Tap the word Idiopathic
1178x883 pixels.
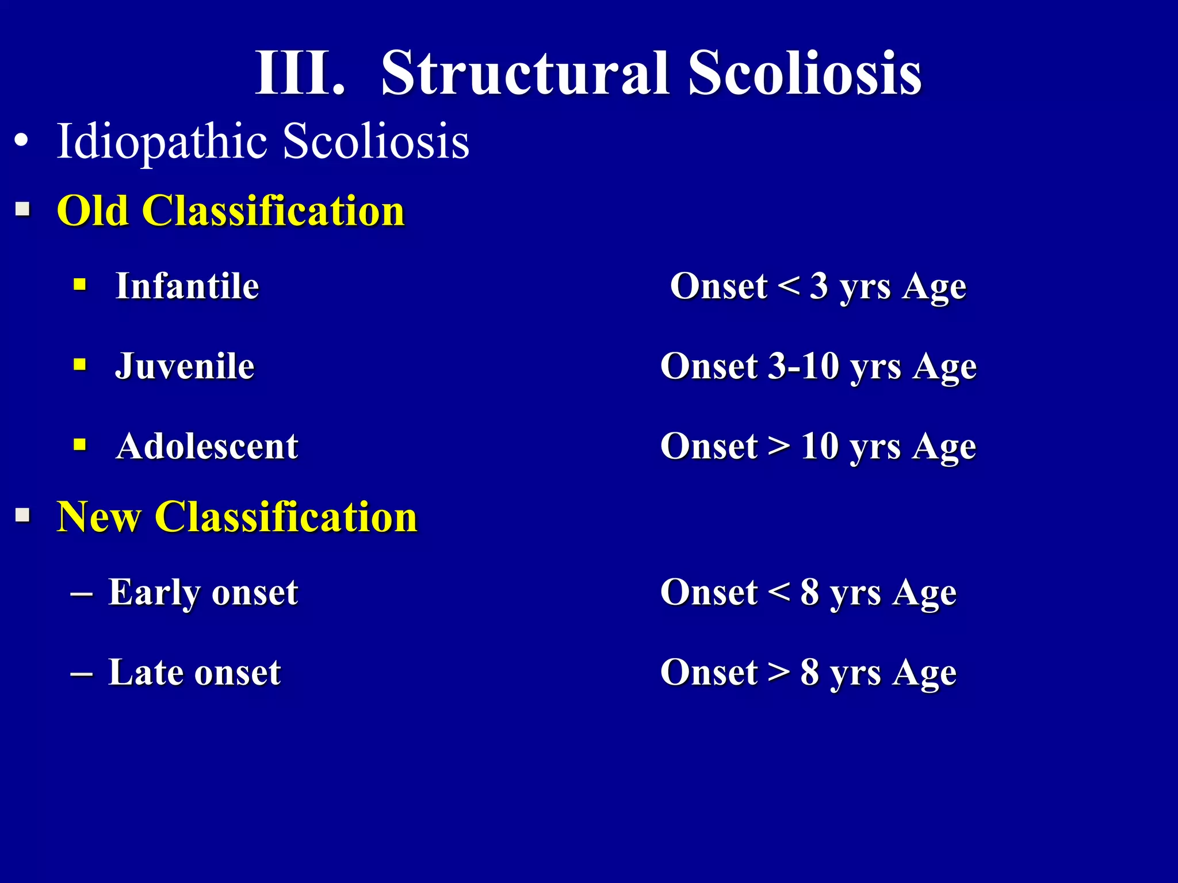pyautogui.click(x=161, y=142)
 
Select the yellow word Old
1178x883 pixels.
pyautogui.click(x=92, y=211)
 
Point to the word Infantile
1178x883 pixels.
pyautogui.click(x=187, y=286)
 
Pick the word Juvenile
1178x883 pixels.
pyautogui.click(x=185, y=366)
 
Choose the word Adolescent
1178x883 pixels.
pyautogui.click(x=206, y=446)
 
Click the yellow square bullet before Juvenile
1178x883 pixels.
pyautogui.click(x=80, y=364)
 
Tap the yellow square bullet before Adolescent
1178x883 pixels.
pyautogui.click(x=80, y=444)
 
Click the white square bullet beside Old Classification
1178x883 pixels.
pyautogui.click(x=23, y=209)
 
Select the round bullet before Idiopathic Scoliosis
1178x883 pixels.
pyautogui.click(x=21, y=141)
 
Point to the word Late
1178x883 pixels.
pyautogui.click(x=146, y=672)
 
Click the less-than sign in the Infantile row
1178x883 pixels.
pyautogui.click(x=788, y=286)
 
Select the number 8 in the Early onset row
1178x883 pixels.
pyautogui.click(x=809, y=592)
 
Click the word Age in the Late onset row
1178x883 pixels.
pyautogui.click(x=924, y=674)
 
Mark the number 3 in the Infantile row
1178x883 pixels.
pyautogui.click(x=819, y=286)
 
